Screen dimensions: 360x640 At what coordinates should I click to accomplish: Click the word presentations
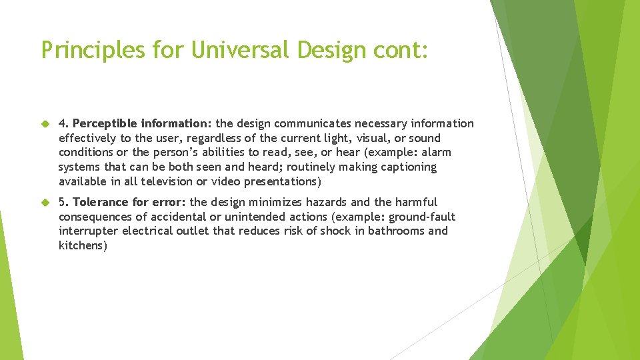click(280, 181)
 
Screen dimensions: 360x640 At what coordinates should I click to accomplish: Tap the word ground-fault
click(422, 217)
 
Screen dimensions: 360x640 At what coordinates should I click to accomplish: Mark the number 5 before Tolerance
click(63, 202)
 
